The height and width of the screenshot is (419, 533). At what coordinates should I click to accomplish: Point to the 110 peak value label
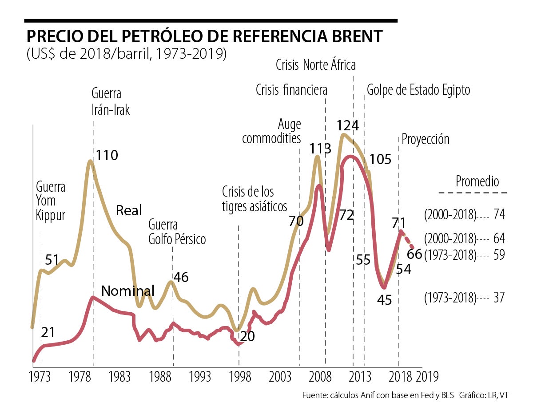(107, 156)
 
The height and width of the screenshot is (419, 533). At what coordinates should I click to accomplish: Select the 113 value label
(320, 148)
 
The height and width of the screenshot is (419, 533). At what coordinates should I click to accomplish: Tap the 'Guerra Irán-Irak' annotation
(111, 102)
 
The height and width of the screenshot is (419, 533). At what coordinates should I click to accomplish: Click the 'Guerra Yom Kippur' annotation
(51, 201)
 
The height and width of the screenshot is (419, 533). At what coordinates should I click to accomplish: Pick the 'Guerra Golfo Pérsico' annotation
(177, 231)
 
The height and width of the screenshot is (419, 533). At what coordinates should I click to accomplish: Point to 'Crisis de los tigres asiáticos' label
(255, 199)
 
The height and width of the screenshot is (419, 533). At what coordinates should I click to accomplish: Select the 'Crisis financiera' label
(291, 90)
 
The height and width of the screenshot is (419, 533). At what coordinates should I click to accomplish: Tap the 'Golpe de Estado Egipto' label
(418, 90)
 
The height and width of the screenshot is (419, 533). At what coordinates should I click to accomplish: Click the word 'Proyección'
(426, 139)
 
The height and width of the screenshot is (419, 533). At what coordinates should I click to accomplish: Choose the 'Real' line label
(129, 210)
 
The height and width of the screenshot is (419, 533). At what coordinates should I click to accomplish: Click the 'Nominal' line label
(128, 291)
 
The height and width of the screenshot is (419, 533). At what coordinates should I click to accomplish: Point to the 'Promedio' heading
(477, 181)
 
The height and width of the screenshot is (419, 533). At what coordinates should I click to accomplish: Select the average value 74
(499, 215)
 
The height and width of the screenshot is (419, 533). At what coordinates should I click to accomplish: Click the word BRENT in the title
(353, 36)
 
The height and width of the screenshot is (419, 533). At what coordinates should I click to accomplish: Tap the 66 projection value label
(414, 254)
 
